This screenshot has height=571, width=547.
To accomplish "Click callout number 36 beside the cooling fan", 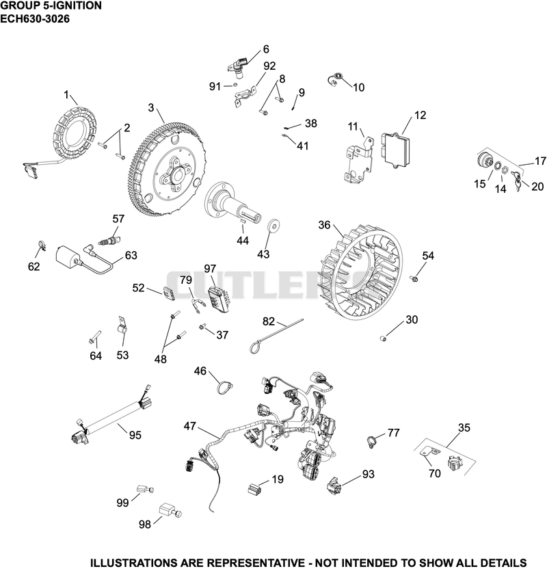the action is (324, 225).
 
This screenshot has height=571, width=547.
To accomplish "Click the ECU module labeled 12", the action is (395, 149).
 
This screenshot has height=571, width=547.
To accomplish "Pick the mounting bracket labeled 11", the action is (359, 160).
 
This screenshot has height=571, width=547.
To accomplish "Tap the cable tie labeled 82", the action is (276, 335).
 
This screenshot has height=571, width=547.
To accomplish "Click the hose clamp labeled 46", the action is (225, 386).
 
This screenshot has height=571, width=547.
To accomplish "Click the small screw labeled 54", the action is (414, 278).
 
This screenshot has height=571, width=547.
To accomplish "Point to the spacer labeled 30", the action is (383, 339).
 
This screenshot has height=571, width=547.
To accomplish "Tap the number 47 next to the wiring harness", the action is (189, 426).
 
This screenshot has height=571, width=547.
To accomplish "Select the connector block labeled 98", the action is (170, 509).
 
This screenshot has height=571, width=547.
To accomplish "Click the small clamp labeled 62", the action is (42, 245).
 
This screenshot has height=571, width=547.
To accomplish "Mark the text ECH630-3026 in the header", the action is (35, 18).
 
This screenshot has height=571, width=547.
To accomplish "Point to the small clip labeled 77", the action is (371, 441).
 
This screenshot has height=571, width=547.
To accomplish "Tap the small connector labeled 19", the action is (254, 488).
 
